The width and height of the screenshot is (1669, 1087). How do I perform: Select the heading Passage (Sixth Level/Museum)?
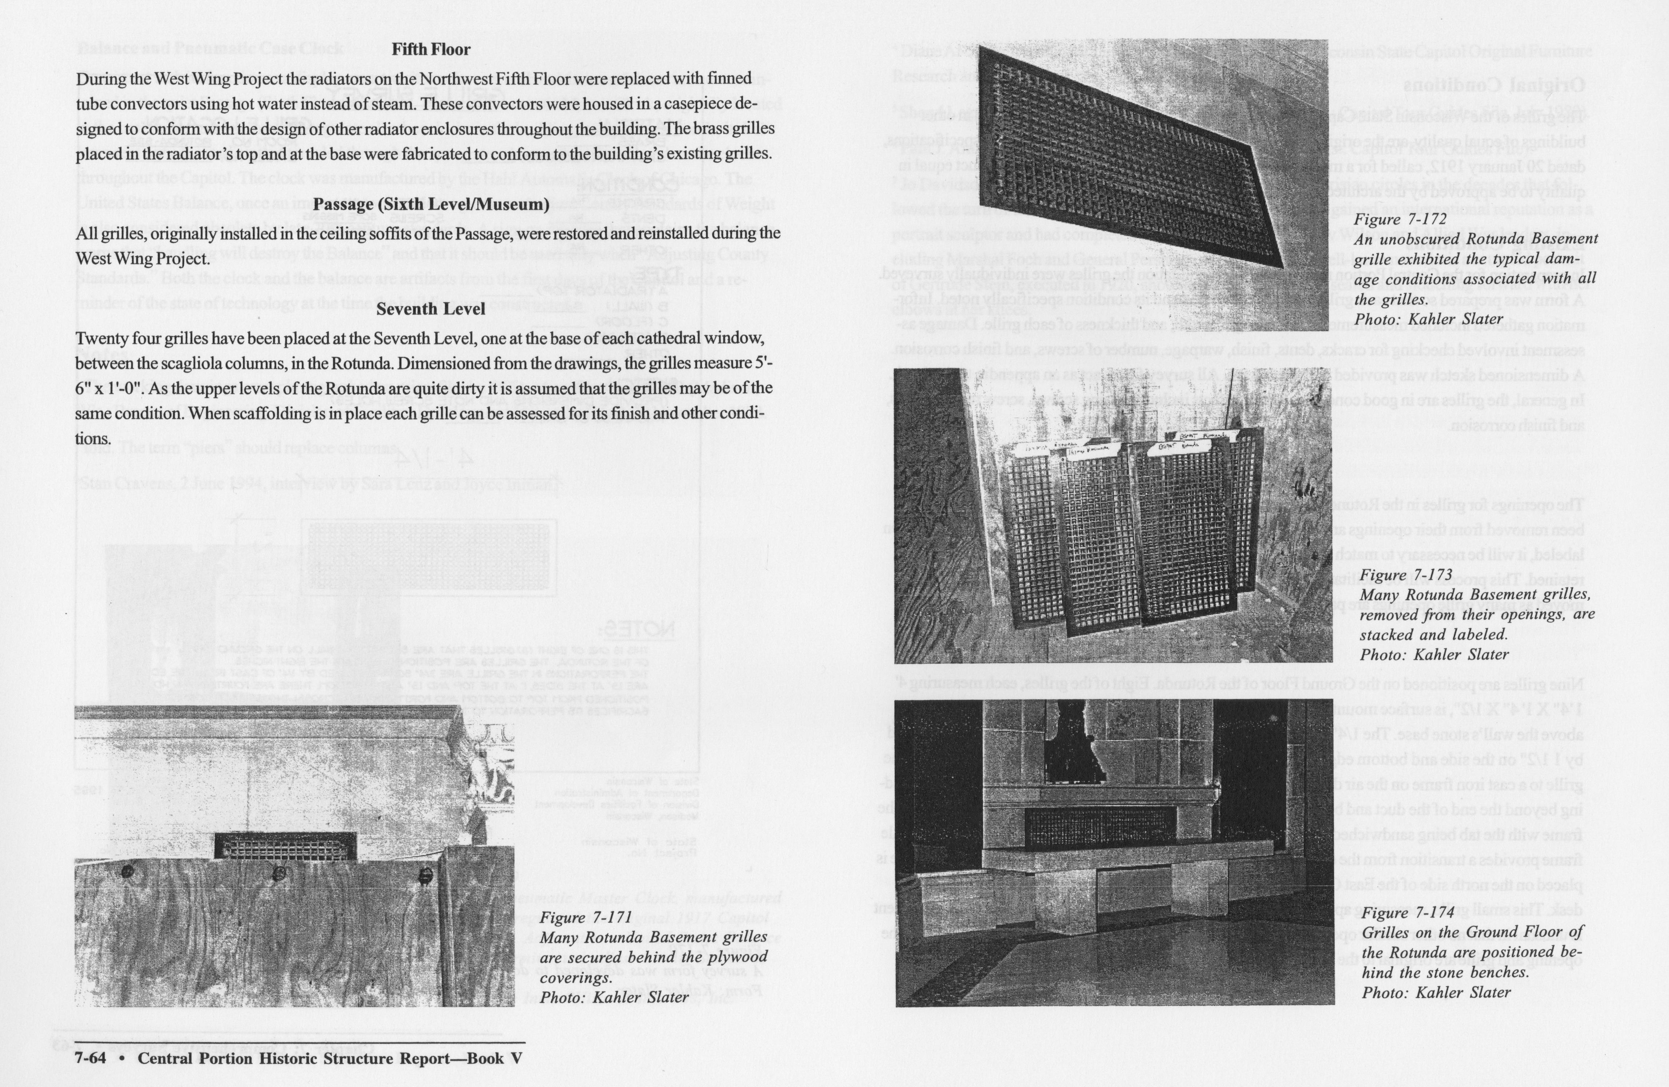430,205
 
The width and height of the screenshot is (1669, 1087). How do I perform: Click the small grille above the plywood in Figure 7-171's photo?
285,847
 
